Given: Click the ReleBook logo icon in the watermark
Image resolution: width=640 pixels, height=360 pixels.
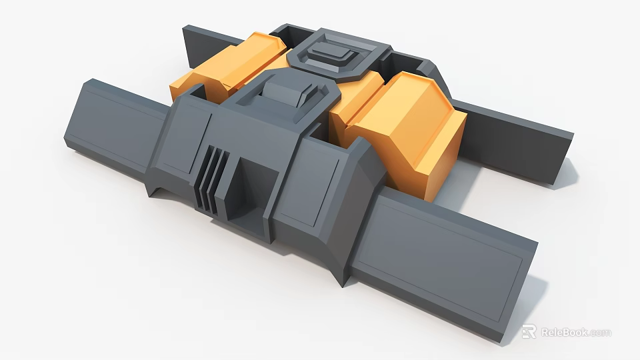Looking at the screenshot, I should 529,331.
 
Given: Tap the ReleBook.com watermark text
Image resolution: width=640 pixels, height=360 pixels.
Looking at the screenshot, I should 575,332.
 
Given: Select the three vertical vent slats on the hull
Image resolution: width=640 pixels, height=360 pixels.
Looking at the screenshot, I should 213,178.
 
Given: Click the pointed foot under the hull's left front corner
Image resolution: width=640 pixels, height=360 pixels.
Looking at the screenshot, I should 157,191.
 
